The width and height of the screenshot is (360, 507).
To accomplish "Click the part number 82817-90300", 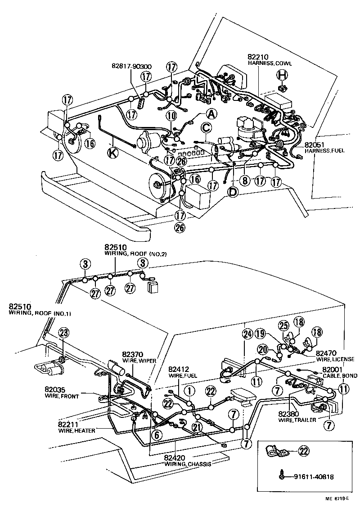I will (131, 67).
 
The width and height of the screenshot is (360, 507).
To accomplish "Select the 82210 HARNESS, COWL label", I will (269, 60).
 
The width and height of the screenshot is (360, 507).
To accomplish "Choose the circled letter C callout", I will (206, 128).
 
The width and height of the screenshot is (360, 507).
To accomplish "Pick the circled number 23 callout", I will (63, 333).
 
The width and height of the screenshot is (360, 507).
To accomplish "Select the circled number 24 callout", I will (246, 334).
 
